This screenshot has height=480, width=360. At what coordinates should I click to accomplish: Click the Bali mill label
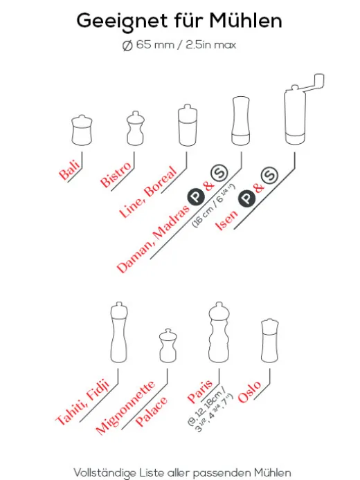(70, 170)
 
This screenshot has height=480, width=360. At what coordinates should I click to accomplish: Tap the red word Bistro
(116, 175)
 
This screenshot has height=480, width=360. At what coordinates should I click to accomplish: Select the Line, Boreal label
(148, 192)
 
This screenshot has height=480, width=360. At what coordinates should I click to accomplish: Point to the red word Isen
(226, 221)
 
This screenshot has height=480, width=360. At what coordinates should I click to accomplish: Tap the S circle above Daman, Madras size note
(219, 173)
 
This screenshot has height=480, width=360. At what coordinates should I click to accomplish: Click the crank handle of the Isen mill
(313, 83)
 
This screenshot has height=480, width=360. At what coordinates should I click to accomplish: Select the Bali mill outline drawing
(82, 130)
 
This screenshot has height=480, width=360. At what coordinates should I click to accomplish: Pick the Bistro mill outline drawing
(136, 128)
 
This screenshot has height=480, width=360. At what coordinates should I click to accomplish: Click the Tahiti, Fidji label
(82, 402)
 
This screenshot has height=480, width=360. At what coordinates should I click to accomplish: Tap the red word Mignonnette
(125, 408)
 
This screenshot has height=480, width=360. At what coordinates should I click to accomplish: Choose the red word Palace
(152, 412)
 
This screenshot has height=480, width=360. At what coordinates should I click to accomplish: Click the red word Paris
(200, 391)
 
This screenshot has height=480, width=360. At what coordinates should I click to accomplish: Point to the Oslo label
(249, 392)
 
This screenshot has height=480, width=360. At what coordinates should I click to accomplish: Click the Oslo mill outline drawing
(269, 341)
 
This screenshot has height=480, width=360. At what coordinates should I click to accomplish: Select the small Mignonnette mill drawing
(168, 346)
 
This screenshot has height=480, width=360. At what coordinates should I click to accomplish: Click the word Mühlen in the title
(245, 21)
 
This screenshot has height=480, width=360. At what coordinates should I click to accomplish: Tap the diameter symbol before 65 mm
(127, 46)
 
